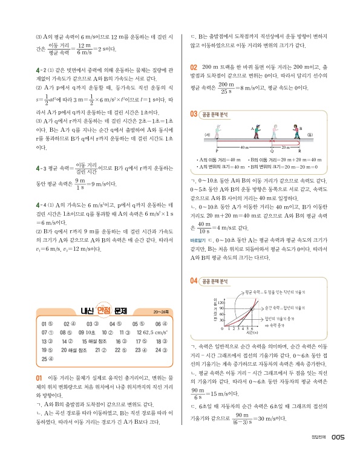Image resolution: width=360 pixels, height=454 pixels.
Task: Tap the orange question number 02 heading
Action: coord(194,66)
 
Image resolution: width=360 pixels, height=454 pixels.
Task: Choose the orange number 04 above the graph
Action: coord(194,281)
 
